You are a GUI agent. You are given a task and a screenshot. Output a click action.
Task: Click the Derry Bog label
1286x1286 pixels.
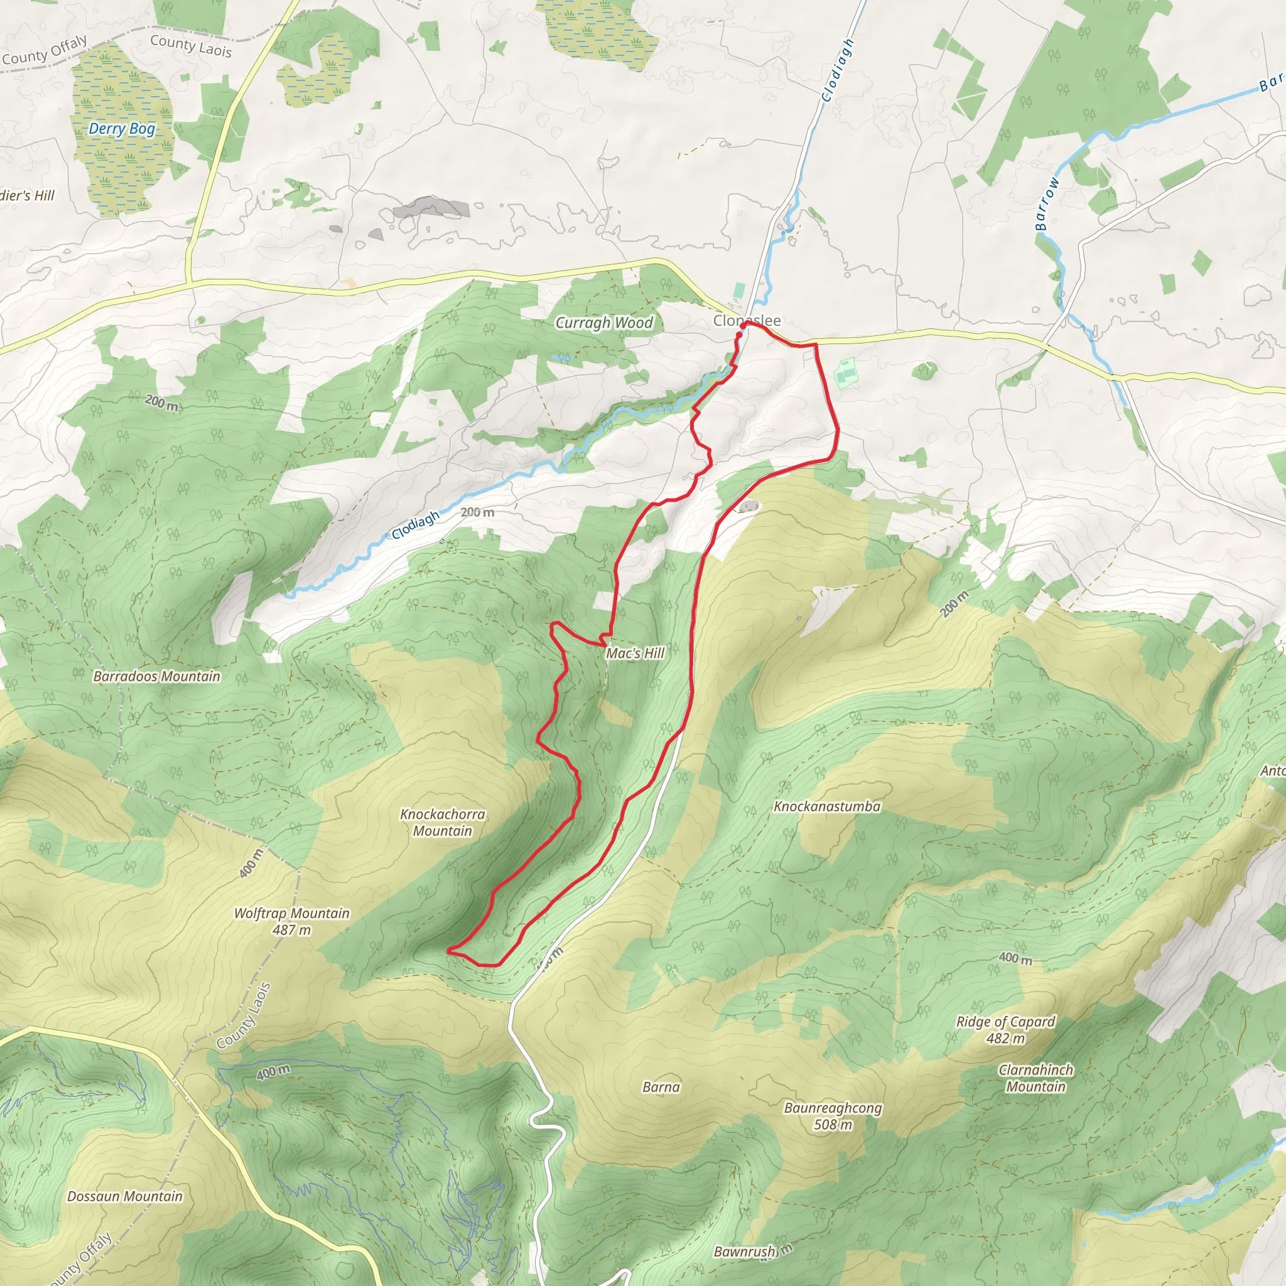point(122,129)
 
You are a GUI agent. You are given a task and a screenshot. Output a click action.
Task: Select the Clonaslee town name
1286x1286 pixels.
point(747,320)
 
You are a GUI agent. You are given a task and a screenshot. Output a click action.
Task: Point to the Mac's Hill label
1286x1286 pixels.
point(634,653)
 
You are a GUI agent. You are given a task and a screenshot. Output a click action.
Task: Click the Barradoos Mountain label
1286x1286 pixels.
point(156,676)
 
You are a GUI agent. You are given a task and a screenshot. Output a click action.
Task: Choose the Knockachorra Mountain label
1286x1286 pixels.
point(442,822)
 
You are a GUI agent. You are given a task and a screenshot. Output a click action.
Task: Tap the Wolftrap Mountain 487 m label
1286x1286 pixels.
point(291,921)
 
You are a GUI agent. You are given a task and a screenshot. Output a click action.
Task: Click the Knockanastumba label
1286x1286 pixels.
point(827,807)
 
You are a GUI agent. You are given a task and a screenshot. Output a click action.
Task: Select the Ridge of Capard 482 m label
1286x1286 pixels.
point(1005,1030)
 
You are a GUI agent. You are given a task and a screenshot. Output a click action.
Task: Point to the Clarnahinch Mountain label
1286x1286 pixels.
point(1035,1078)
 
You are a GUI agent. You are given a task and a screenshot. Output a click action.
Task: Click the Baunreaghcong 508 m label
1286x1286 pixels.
point(833,1116)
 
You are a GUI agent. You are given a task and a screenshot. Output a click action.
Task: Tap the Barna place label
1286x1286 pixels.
point(661,1087)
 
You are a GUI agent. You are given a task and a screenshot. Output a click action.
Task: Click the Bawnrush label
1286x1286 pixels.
point(744,1251)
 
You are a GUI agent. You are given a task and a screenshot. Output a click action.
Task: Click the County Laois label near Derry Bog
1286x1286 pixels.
point(190,45)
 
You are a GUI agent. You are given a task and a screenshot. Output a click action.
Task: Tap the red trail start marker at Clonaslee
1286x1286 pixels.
point(743,325)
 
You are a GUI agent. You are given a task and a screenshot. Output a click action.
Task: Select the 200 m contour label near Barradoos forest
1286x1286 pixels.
point(162,403)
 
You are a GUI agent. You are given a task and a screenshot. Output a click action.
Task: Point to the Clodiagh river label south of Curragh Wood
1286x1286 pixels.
point(416,524)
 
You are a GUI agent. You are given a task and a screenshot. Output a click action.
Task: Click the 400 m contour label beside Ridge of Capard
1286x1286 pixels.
point(1015,958)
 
